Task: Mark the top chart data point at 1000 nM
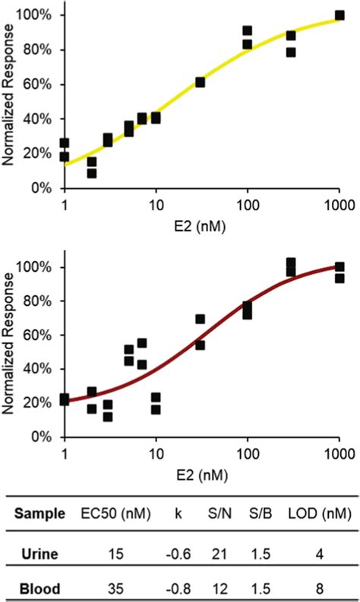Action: tap(339, 16)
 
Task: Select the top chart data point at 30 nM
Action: tap(201, 82)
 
